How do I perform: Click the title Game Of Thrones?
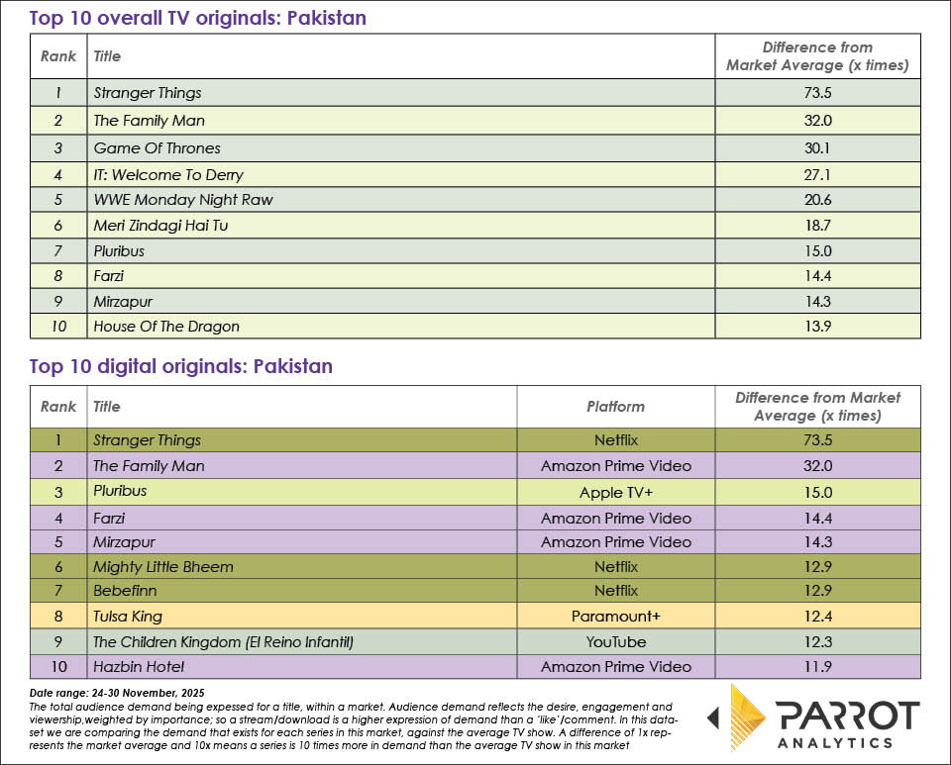pyautogui.click(x=157, y=148)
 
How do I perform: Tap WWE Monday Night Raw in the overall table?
pyautogui.click(x=182, y=200)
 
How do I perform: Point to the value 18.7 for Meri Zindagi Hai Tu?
pyautogui.click(x=817, y=226)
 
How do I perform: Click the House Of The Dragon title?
pyautogui.click(x=166, y=327)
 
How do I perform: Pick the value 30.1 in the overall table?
pyautogui.click(x=817, y=148)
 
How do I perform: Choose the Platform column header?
pyautogui.click(x=615, y=406)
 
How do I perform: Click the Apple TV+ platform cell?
pyautogui.click(x=615, y=492)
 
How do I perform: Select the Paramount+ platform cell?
pyautogui.click(x=615, y=617)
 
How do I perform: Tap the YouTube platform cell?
pyautogui.click(x=615, y=642)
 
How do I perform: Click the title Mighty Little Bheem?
pyautogui.click(x=163, y=567)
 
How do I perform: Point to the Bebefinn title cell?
pyautogui.click(x=125, y=592)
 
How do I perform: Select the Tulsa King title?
pyautogui.click(x=128, y=617)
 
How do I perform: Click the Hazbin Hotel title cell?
pyautogui.click(x=139, y=668)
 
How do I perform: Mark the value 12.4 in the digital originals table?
pyautogui.click(x=817, y=617)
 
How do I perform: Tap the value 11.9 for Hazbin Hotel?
pyautogui.click(x=817, y=668)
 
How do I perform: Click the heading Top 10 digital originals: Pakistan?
pyautogui.click(x=181, y=367)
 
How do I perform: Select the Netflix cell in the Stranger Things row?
pyautogui.click(x=615, y=440)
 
